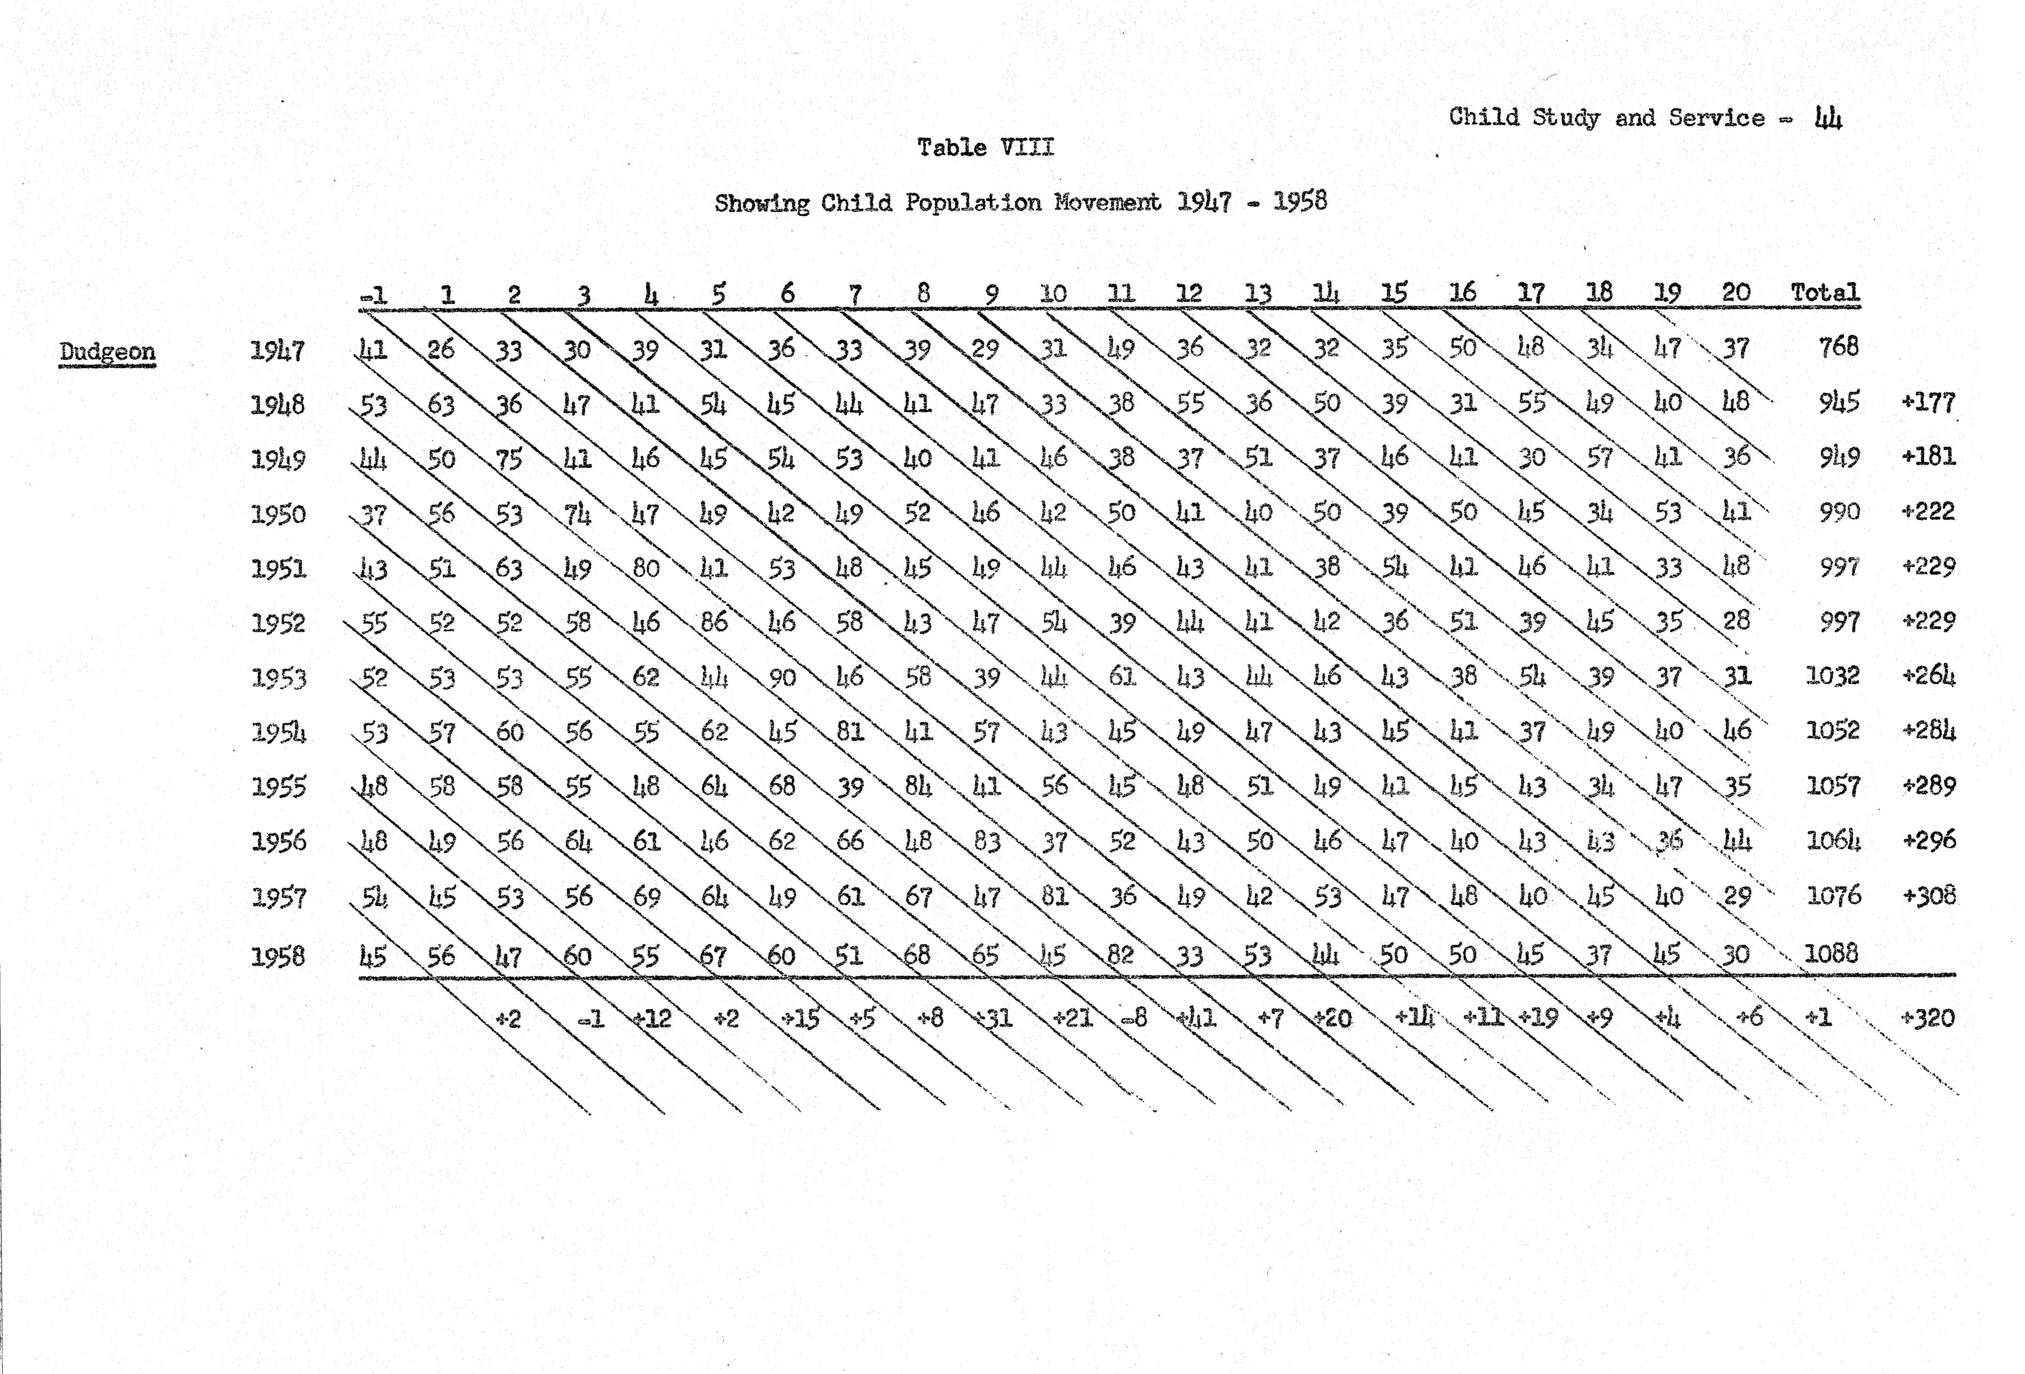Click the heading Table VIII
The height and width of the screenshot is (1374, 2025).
coord(985,147)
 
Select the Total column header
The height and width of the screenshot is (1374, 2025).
coord(1825,293)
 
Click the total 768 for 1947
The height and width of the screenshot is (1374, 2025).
coord(1839,348)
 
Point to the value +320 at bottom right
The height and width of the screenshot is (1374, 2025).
coord(1928,1018)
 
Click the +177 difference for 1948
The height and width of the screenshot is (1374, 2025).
coord(1928,403)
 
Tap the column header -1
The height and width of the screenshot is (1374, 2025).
coord(374,296)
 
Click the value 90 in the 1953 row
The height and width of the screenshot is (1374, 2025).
coord(782,677)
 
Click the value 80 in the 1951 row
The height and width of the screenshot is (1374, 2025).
coord(646,568)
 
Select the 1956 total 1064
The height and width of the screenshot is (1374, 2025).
coord(1833,841)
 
